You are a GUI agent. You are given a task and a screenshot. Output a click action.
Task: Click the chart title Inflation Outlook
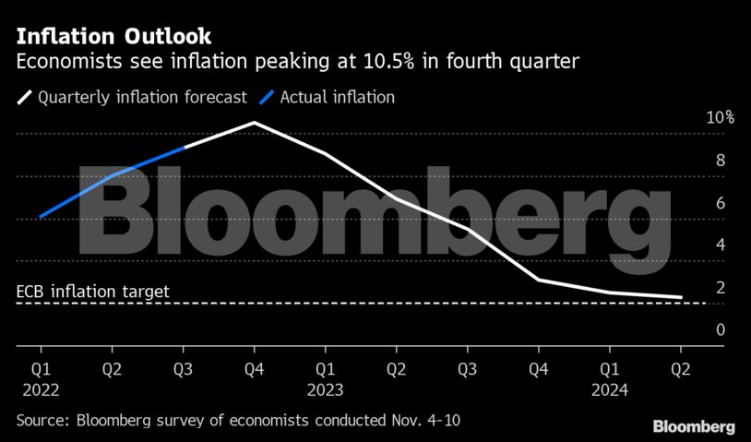click(x=113, y=37)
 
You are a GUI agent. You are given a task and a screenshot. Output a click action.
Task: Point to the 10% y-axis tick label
click(x=720, y=118)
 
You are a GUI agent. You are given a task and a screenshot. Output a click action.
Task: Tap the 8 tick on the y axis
click(x=720, y=161)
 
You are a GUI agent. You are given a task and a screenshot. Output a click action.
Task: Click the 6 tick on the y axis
click(x=720, y=203)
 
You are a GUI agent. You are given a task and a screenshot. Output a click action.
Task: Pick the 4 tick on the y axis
click(x=720, y=245)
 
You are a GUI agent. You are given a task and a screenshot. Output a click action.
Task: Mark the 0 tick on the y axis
click(x=720, y=329)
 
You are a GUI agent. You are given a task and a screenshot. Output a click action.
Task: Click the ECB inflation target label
click(x=92, y=292)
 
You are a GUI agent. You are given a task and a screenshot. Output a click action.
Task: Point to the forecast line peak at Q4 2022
click(x=254, y=122)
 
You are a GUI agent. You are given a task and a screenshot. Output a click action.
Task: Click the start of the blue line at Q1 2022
click(x=41, y=217)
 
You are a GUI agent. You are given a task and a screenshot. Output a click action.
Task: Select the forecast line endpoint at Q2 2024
click(x=681, y=297)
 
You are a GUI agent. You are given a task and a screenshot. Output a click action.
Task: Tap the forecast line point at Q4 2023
click(x=539, y=280)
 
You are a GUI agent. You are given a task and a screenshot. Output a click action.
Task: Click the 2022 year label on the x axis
click(x=41, y=389)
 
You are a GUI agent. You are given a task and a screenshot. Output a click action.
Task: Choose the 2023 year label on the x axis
click(x=325, y=389)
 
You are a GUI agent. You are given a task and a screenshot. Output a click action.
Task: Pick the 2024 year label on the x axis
click(x=609, y=389)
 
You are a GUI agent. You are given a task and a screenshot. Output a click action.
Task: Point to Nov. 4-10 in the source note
click(x=419, y=421)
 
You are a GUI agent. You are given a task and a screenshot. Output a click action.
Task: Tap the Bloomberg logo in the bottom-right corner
click(x=694, y=427)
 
